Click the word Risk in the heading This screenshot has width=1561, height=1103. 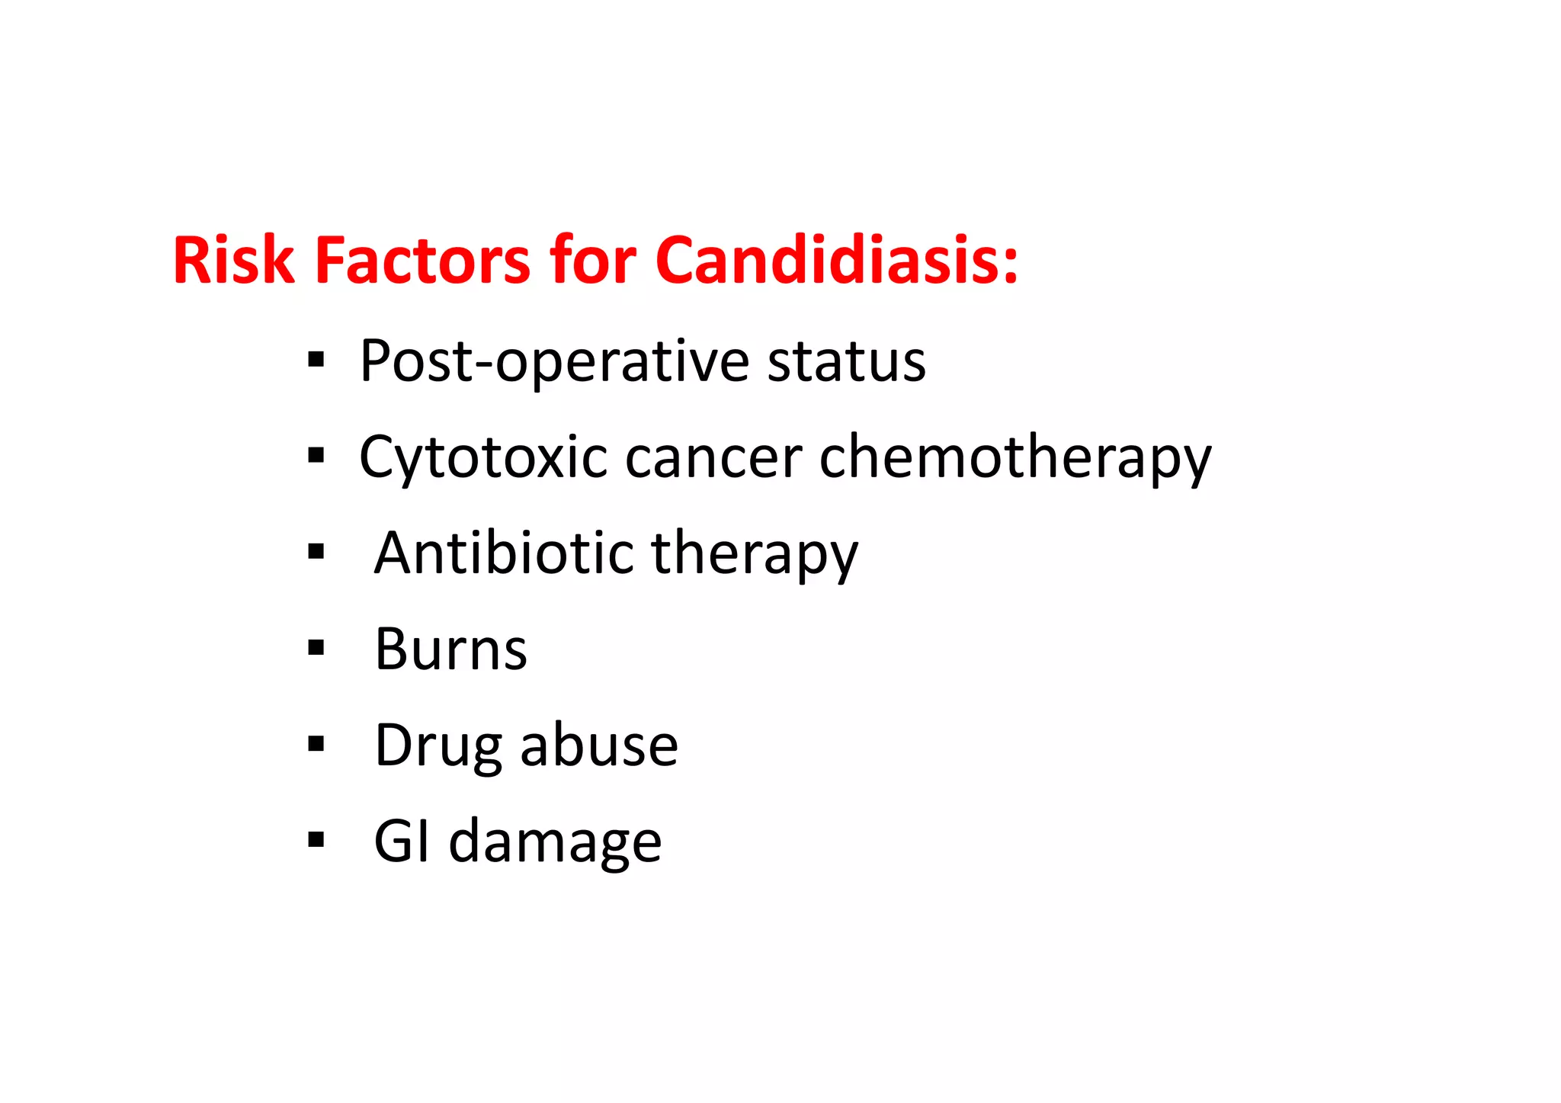point(233,261)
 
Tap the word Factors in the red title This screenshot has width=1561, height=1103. point(422,261)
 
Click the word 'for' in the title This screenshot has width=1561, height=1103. point(593,261)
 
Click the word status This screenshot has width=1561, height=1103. point(846,361)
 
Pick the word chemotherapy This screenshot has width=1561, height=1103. point(1014,457)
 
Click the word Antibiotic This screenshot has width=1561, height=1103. point(503,553)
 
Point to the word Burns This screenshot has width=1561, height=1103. point(450,649)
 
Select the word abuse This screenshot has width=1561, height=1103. point(599,745)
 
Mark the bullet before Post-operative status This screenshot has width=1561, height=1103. point(316,360)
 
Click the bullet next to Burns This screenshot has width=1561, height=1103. point(316,648)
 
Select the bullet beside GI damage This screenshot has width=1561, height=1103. point(316,840)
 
